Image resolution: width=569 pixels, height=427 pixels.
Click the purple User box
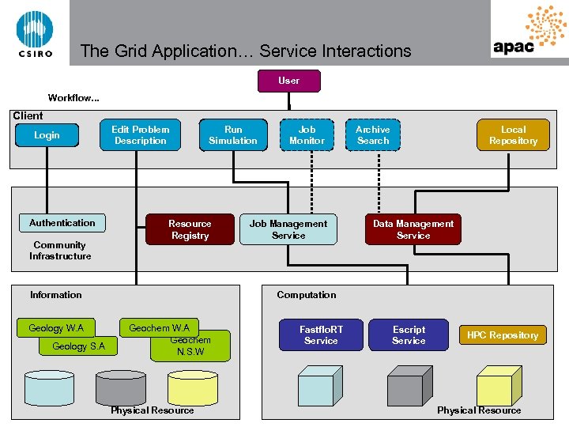pyautogui.click(x=289, y=81)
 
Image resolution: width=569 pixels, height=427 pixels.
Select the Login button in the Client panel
pyautogui.click(x=47, y=135)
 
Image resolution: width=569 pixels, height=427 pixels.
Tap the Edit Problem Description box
pyautogui.click(x=141, y=135)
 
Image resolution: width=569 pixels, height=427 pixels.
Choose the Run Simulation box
pyautogui.click(x=233, y=135)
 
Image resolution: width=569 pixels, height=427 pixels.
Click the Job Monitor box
pyautogui.click(x=307, y=135)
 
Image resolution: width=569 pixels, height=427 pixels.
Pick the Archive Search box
pyautogui.click(x=373, y=135)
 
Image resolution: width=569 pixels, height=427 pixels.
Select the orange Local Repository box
pyautogui.click(x=513, y=135)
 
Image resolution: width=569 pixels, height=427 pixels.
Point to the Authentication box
pyautogui.click(x=62, y=224)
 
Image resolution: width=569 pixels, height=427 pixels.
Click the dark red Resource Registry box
pyautogui.click(x=190, y=229)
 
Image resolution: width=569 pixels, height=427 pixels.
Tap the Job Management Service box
pyautogui.click(x=288, y=229)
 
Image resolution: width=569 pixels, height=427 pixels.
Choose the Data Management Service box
pyautogui.click(x=413, y=229)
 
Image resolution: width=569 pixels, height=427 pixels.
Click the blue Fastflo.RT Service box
pyautogui.click(x=321, y=334)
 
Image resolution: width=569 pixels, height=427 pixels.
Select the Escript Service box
pyautogui.click(x=409, y=334)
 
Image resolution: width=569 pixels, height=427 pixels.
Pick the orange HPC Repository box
pyautogui.click(x=503, y=335)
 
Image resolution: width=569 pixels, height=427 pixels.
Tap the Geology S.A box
pyautogui.click(x=77, y=347)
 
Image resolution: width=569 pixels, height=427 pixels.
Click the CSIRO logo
pyautogui.click(x=35, y=32)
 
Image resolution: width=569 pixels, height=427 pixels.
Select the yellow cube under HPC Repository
pyautogui.click(x=495, y=389)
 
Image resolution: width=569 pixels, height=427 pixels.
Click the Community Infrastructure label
pyautogui.click(x=60, y=251)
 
